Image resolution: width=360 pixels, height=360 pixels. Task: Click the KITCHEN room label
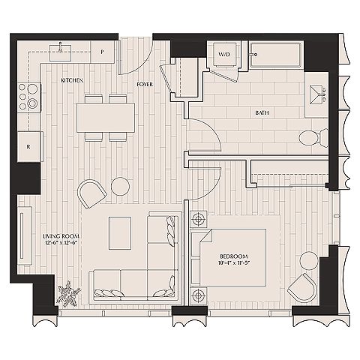(x=72, y=80)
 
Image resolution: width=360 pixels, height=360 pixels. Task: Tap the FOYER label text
(x=145, y=84)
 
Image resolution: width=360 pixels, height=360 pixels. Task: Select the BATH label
(x=262, y=112)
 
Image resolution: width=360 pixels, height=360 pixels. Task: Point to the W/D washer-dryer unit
(x=224, y=55)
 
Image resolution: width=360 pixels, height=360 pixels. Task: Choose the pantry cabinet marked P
(x=102, y=52)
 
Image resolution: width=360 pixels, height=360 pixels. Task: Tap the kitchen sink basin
(x=61, y=52)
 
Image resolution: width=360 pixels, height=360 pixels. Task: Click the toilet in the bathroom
(x=313, y=138)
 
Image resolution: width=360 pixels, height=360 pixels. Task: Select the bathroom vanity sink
(x=317, y=95)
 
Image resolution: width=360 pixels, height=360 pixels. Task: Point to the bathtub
(x=275, y=55)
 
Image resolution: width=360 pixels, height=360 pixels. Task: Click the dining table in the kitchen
(x=106, y=118)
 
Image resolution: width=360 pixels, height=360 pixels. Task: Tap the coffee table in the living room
(x=120, y=233)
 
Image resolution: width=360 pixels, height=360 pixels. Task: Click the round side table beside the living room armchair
(x=120, y=186)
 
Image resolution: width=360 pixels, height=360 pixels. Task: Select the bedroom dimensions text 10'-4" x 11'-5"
(x=233, y=262)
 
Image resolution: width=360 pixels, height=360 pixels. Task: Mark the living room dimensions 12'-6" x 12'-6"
(x=61, y=242)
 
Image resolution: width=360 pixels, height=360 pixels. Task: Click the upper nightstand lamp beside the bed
(x=199, y=219)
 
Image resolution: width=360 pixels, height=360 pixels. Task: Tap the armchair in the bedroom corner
(x=302, y=288)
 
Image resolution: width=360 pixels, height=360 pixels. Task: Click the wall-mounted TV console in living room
(x=25, y=235)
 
